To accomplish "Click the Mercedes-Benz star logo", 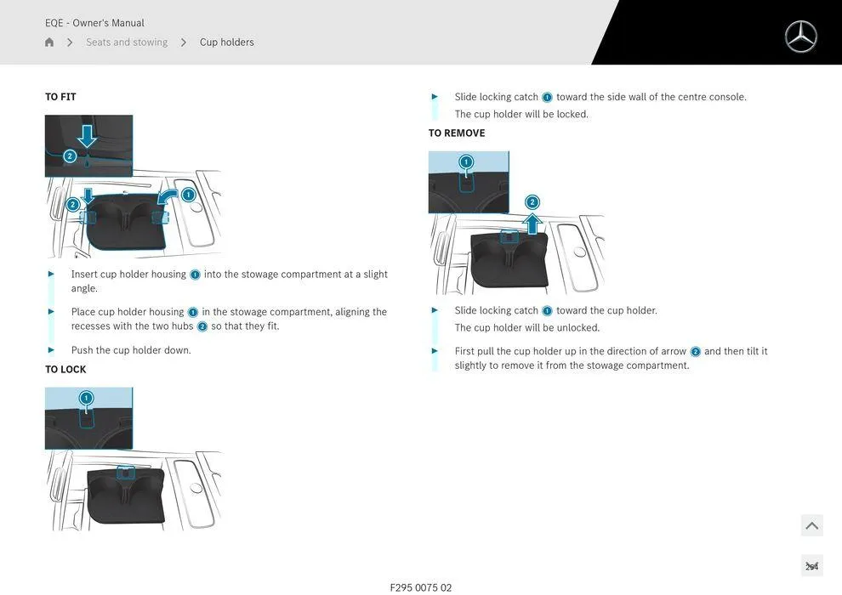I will [800, 37].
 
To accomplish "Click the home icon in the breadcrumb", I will [49, 42].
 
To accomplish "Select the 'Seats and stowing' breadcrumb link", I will [127, 42].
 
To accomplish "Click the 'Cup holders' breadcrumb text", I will [226, 42].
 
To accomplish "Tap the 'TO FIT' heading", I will [60, 97].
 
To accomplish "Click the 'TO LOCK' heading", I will [65, 370].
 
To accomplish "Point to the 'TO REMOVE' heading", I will [457, 133].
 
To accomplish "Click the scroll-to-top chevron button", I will [811, 525].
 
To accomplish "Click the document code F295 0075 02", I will [421, 587].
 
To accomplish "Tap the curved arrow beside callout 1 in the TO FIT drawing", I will [168, 197].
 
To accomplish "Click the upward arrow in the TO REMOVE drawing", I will [532, 224].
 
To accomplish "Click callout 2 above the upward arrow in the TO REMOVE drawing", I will [532, 202].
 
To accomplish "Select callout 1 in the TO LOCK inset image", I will [86, 398].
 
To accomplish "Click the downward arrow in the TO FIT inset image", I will [87, 135].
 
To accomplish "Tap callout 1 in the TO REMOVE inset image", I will [466, 162].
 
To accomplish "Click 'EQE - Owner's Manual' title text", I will [94, 23].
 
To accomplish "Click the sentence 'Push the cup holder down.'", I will [131, 350].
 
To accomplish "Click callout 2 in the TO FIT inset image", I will [71, 156].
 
